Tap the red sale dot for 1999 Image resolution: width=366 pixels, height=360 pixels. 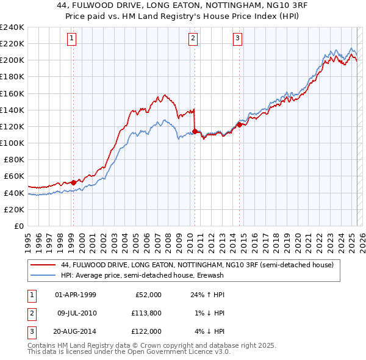(73, 182)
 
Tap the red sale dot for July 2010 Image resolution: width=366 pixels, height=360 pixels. (195, 131)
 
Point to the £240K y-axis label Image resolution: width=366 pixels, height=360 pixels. (12, 27)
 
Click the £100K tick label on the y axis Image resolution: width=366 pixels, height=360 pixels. (12, 143)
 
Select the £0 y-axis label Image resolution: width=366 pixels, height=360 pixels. (19, 226)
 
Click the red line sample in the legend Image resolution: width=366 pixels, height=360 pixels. (42, 266)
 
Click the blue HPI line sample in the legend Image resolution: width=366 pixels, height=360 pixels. (42, 276)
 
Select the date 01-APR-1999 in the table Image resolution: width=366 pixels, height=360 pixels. (76, 295)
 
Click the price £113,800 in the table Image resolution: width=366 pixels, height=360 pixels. (146, 313)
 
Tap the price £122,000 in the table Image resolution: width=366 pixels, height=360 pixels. (146, 331)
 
